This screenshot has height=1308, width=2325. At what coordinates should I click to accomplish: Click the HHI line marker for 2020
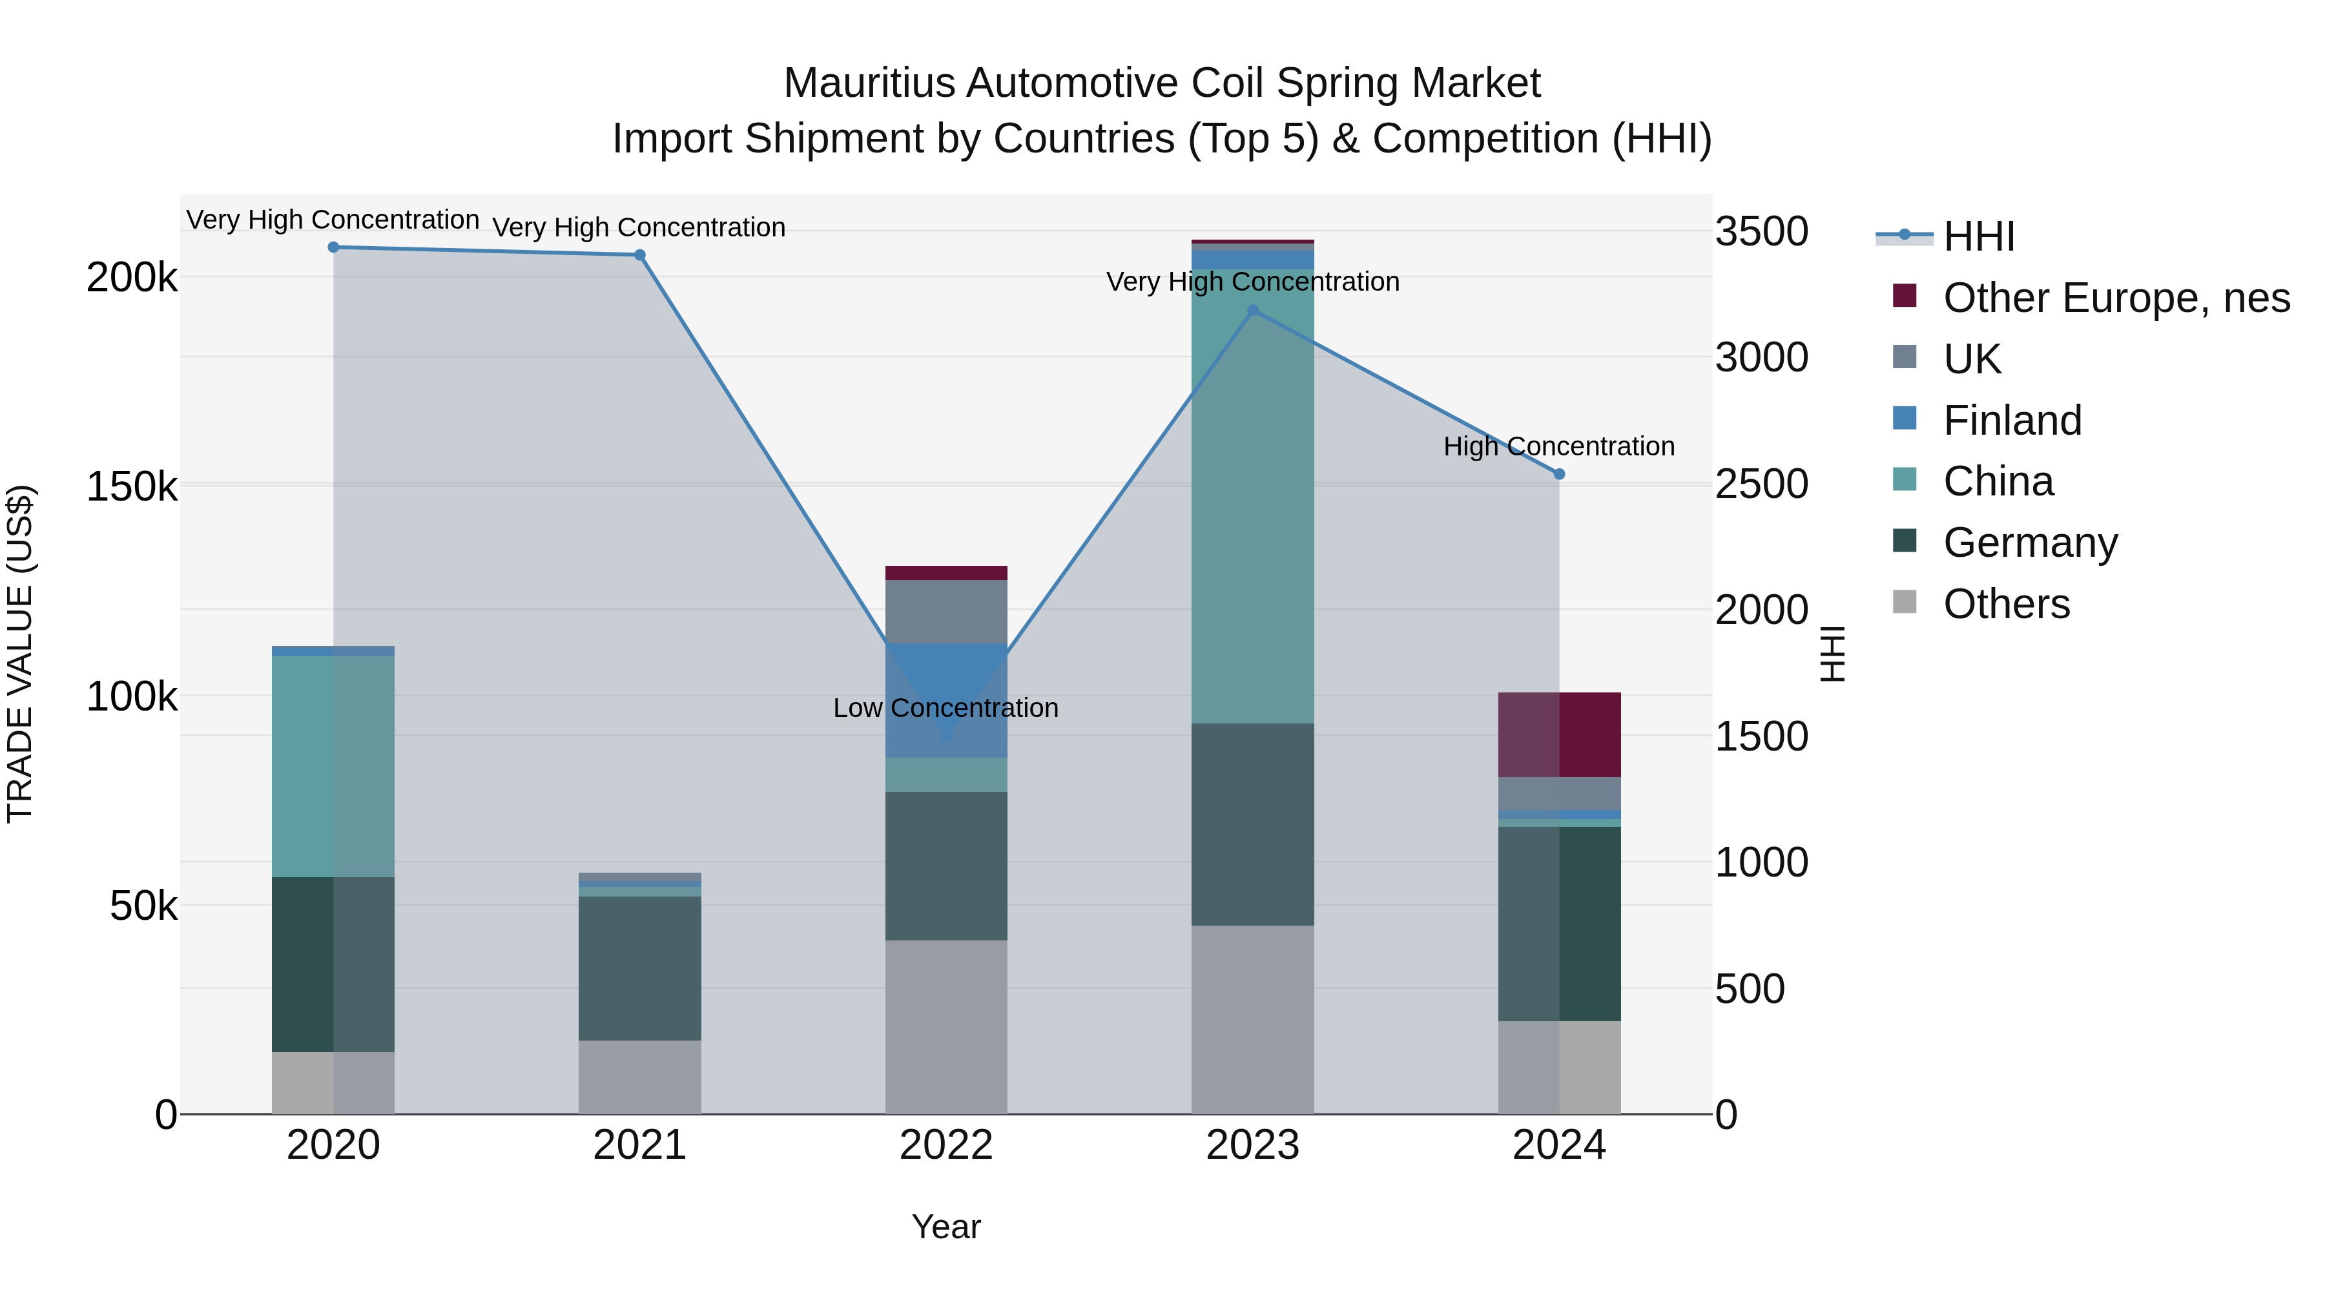point(333,247)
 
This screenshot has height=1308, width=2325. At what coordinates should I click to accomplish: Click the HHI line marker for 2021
point(640,255)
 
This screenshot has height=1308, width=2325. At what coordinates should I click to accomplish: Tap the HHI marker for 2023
point(1253,311)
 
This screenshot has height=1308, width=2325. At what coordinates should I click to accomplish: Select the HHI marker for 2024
point(1559,474)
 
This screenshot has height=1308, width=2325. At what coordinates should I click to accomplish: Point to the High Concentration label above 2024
point(1559,447)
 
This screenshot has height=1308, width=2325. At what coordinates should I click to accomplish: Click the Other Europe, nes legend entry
point(2116,298)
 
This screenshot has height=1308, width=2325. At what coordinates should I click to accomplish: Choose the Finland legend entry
point(2012,420)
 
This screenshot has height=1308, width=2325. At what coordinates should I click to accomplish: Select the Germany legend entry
point(2030,543)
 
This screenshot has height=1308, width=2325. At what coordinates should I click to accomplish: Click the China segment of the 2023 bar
point(1253,497)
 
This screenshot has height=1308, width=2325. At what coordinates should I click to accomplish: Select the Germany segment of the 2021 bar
point(640,968)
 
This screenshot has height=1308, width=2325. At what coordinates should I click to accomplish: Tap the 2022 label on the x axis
point(946,1145)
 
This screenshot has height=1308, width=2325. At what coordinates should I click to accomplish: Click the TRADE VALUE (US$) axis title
point(20,654)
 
